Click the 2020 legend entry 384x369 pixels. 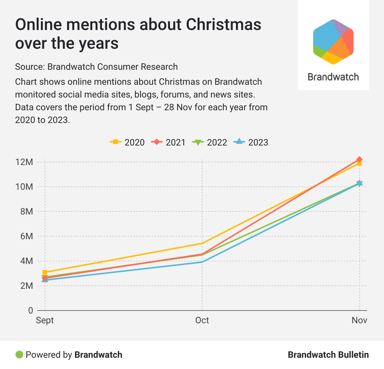click(127, 142)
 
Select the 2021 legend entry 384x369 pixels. click(168, 142)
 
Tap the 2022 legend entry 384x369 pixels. click(210, 142)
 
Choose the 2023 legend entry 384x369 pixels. click(251, 142)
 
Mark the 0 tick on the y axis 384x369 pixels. click(30, 310)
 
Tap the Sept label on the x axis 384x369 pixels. click(45, 320)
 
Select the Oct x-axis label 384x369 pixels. click(202, 320)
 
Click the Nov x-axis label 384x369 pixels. click(359, 320)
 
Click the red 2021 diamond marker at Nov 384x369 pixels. click(359, 160)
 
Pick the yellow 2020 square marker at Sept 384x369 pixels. click(45, 272)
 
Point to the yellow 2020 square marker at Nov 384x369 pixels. click(359, 163)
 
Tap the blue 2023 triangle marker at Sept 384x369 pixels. click(45, 280)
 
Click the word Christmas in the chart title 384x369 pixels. click(223, 25)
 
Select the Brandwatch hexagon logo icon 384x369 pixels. click(333, 41)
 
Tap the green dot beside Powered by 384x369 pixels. click(19, 354)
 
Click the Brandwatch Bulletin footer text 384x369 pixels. click(328, 354)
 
